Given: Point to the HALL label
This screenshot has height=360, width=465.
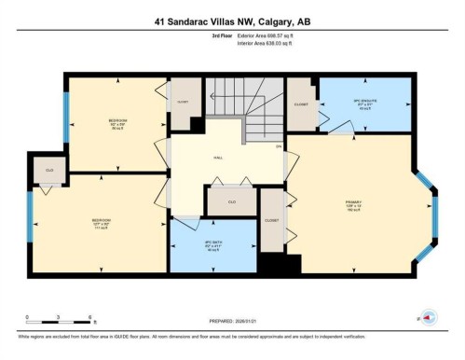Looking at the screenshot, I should click(x=218, y=158).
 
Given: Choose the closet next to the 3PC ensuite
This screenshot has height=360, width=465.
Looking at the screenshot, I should click(x=302, y=104).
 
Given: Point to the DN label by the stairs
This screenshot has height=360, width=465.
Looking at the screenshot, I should click(x=277, y=147).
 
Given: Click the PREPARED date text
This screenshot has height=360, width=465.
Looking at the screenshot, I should click(x=232, y=315).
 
